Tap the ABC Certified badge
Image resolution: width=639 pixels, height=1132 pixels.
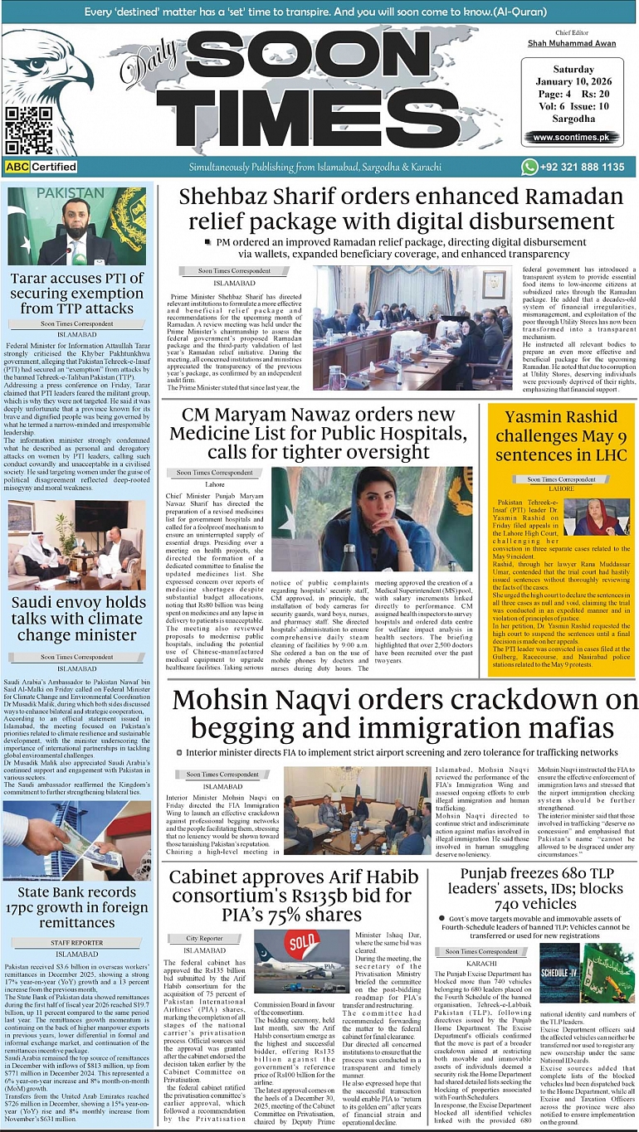(x=41, y=167)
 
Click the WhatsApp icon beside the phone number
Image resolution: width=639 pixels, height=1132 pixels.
(x=529, y=167)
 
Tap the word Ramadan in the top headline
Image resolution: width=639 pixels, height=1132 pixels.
(x=571, y=197)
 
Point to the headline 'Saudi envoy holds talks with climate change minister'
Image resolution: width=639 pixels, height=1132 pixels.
(x=79, y=619)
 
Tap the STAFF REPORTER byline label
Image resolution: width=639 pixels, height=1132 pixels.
(x=77, y=942)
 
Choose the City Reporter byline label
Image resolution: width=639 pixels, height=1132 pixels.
(x=204, y=938)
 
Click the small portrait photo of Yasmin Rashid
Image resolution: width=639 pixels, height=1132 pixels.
(x=597, y=517)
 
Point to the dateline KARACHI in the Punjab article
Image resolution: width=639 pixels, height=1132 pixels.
(x=480, y=964)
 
